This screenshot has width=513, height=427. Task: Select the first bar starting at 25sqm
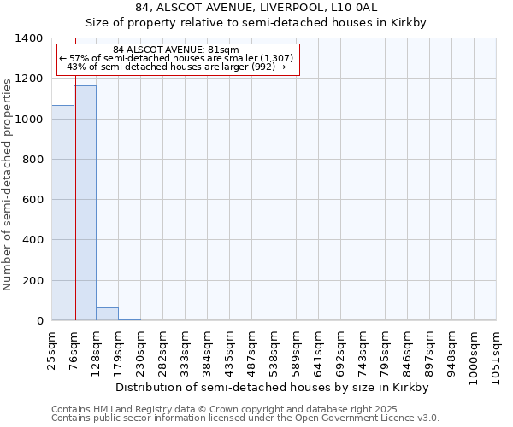pos(62,213)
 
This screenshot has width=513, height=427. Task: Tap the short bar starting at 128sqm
pos(107,314)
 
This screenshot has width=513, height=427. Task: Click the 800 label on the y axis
pos(32,160)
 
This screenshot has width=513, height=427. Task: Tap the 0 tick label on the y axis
pos(39,321)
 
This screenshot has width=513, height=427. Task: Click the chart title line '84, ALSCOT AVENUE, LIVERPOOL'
pos(256,9)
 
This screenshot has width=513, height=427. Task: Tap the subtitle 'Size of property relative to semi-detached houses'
pos(256,23)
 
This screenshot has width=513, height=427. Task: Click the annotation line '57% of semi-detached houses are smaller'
pos(176,58)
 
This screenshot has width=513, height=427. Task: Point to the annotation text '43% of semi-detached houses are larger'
pos(176,67)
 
